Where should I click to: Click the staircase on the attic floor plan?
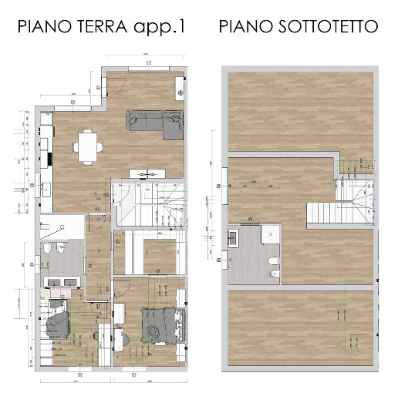tap(339, 203)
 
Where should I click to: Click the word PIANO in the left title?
tap(42, 27)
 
